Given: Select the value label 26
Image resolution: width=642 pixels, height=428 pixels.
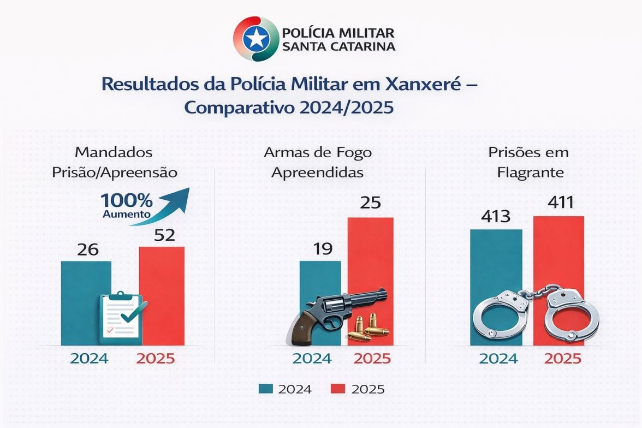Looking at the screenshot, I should pyautogui.click(x=88, y=249).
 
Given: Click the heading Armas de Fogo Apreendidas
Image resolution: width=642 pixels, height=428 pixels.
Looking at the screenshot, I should pyautogui.click(x=318, y=162).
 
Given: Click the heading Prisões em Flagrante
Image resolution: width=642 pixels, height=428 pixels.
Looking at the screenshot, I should pyautogui.click(x=528, y=162).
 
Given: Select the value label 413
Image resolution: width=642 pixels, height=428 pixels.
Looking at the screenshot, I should pyautogui.click(x=496, y=217).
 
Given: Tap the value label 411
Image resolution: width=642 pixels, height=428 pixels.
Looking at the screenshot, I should pyautogui.click(x=559, y=203).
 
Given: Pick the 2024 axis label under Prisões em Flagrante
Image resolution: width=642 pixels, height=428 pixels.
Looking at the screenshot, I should pyautogui.click(x=498, y=359).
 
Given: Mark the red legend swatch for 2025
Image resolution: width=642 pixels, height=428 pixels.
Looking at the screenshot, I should pyautogui.click(x=338, y=389).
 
